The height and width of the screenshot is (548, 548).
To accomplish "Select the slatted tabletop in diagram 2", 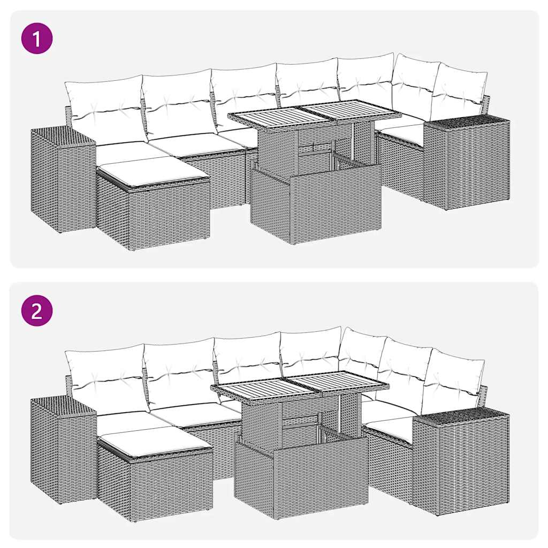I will (x=300, y=386).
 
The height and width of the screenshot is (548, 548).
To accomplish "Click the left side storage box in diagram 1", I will (x=62, y=179).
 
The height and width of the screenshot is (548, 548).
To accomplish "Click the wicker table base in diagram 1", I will (x=316, y=203).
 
